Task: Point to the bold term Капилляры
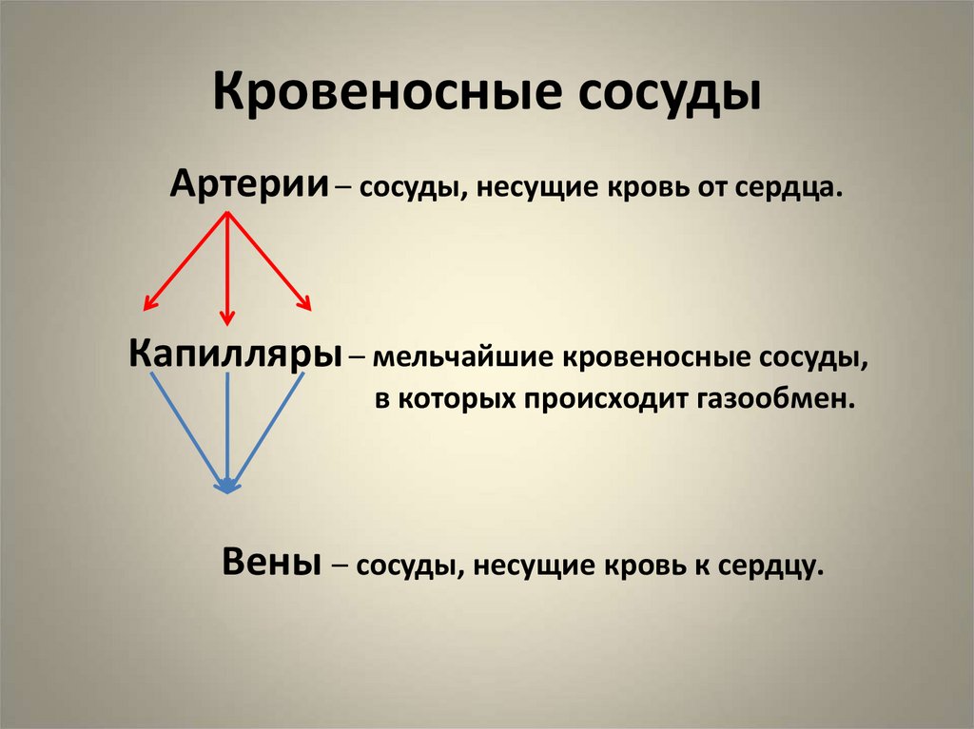tap(236, 355)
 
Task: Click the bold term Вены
tap(270, 561)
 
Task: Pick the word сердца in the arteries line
tap(789, 187)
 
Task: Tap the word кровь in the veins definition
tap(646, 566)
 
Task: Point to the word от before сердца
tap(708, 187)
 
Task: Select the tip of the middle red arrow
tap(226, 324)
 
